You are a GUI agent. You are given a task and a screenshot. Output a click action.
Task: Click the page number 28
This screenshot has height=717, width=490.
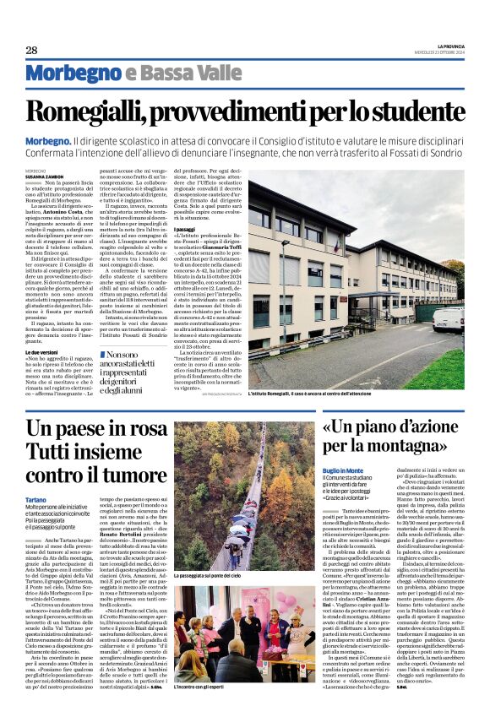[31, 51]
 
